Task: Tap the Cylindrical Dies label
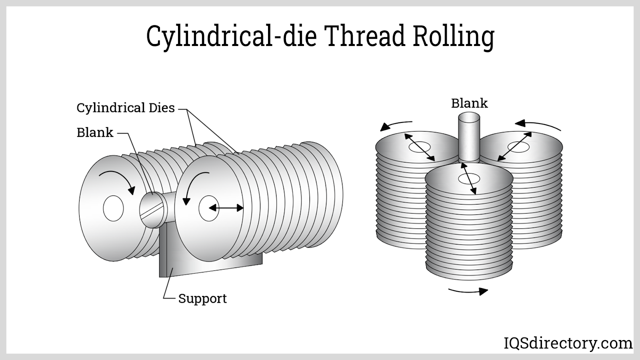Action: point(126,108)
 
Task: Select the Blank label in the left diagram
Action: point(95,132)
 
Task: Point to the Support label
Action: point(202,298)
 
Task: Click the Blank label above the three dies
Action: point(469,103)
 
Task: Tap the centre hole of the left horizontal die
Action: point(113,208)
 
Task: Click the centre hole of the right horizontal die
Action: point(208,208)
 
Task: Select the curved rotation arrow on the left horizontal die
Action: point(119,181)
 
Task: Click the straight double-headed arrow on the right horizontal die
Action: point(226,208)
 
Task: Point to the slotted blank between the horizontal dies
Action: point(153,210)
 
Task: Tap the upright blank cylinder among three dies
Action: point(469,136)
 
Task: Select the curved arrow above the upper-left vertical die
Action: point(396,125)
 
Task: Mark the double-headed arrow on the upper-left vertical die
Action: point(420,147)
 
